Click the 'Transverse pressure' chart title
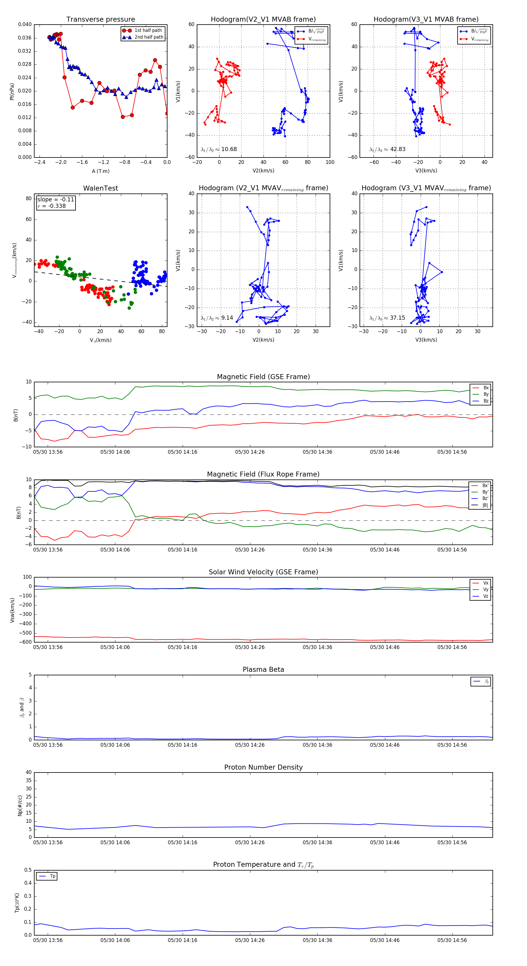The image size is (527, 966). click(100, 20)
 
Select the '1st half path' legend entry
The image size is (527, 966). click(148, 30)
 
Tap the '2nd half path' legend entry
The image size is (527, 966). click(148, 37)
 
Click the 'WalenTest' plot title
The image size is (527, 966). click(100, 188)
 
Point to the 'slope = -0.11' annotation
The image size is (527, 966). click(56, 200)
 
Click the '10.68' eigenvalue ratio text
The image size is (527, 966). click(229, 149)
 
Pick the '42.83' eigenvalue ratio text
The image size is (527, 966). click(398, 149)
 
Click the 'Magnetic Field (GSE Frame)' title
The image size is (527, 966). click(263, 377)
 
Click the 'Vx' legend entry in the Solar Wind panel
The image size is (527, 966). click(486, 583)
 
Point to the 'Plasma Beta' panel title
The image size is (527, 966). click(263, 670)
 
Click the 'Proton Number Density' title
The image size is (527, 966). click(263, 767)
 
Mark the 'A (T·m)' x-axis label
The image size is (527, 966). click(100, 171)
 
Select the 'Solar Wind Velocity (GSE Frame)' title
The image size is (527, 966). click(263, 572)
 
